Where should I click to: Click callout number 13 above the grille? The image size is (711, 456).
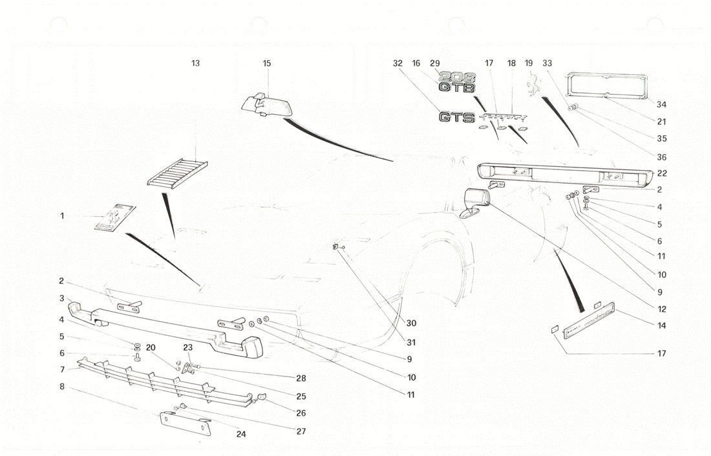click(195, 63)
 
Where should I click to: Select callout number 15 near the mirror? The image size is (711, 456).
click(267, 63)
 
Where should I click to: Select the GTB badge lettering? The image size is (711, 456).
click(457, 88)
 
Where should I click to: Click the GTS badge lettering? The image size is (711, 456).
click(457, 118)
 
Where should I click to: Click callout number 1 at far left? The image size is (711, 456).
click(63, 216)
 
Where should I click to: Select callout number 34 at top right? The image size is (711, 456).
click(661, 105)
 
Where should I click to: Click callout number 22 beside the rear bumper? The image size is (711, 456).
click(661, 173)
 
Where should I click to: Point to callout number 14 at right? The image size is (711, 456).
click(661, 326)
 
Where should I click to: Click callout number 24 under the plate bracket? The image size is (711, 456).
click(241, 435)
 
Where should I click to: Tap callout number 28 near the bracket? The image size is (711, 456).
click(301, 378)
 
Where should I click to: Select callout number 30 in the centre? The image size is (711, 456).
click(412, 323)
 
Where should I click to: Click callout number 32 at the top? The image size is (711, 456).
click(398, 63)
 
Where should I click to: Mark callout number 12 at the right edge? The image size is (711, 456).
click(661, 309)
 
